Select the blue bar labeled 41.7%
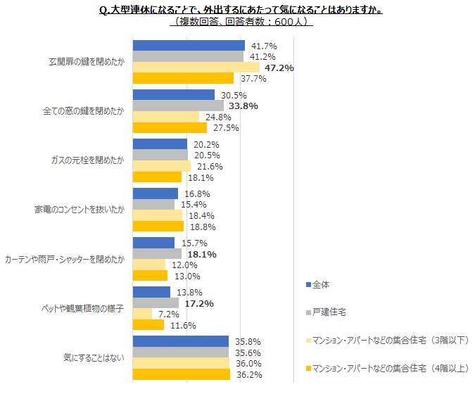tap(189, 46)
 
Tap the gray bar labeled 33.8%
tap(178, 106)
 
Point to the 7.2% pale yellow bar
tap(142, 314)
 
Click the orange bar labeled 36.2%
tap(181, 374)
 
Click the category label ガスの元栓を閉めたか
tap(85, 160)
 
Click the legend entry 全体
tap(320, 285)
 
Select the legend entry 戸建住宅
tap(328, 312)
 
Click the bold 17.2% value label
tap(199, 303)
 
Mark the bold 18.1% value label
tap(201, 254)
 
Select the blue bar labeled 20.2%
tap(160, 144)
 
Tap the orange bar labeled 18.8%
tap(158, 227)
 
